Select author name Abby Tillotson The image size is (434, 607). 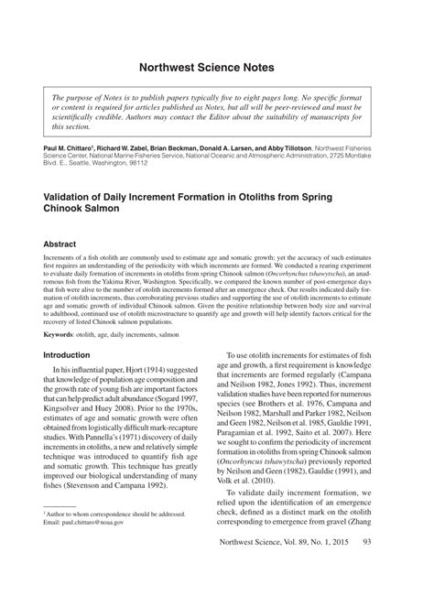click(x=283, y=146)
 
